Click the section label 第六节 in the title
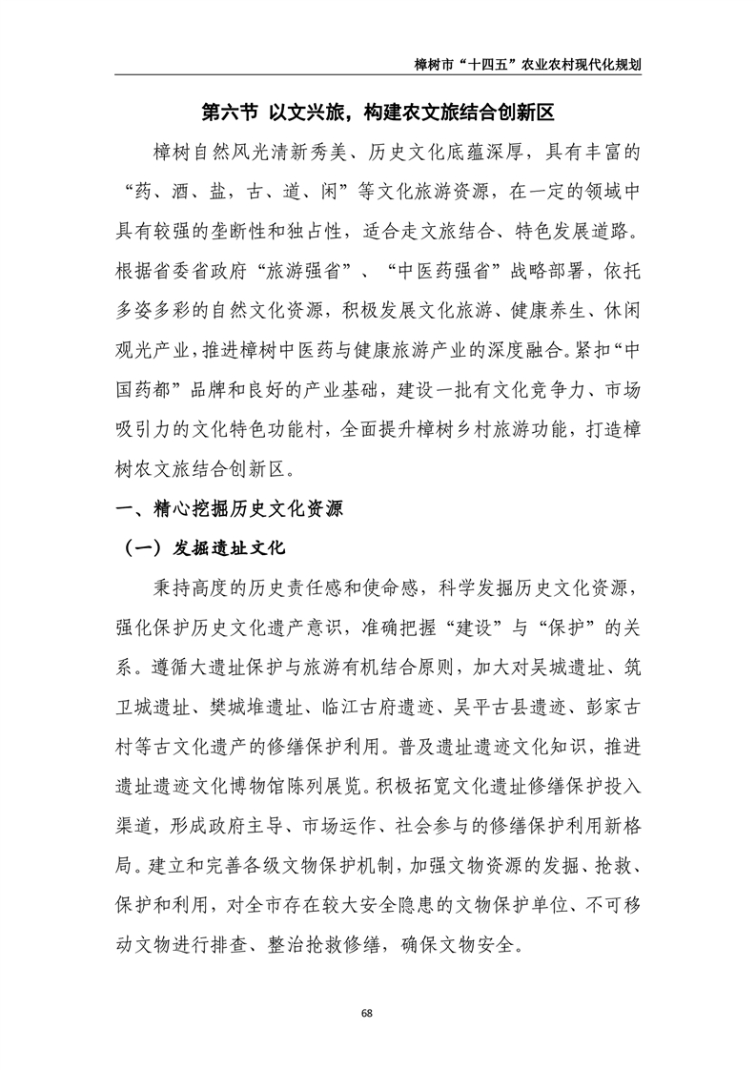229,113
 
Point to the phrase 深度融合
536,350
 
